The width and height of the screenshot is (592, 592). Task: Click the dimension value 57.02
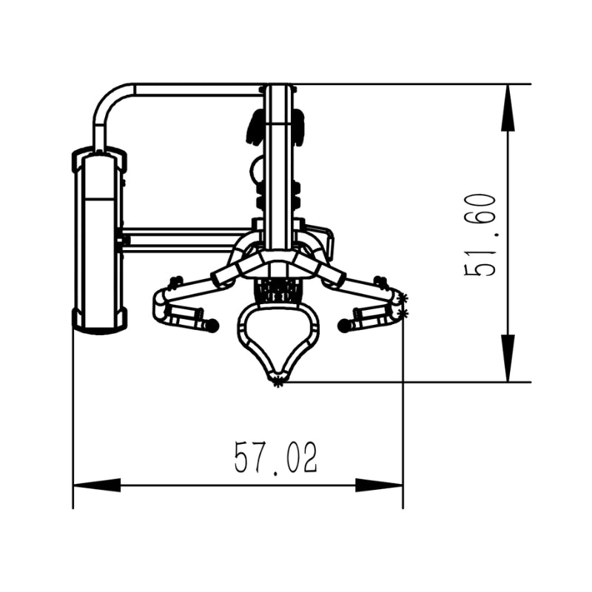pyautogui.click(x=275, y=457)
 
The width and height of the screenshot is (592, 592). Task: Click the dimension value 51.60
pyautogui.click(x=479, y=235)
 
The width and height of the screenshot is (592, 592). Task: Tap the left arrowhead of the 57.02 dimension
pyautogui.click(x=97, y=485)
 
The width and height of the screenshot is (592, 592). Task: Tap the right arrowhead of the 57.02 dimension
pyautogui.click(x=379, y=485)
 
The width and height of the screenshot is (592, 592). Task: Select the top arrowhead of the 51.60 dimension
pyautogui.click(x=508, y=107)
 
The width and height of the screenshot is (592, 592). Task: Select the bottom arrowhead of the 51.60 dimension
pyautogui.click(x=508, y=358)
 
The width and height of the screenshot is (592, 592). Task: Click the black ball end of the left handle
pyautogui.click(x=212, y=325)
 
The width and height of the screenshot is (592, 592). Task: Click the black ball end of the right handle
pyautogui.click(x=344, y=326)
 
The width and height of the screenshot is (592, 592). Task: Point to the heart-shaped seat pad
pyautogui.click(x=278, y=339)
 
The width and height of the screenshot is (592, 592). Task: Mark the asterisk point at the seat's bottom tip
pyautogui.click(x=278, y=383)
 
